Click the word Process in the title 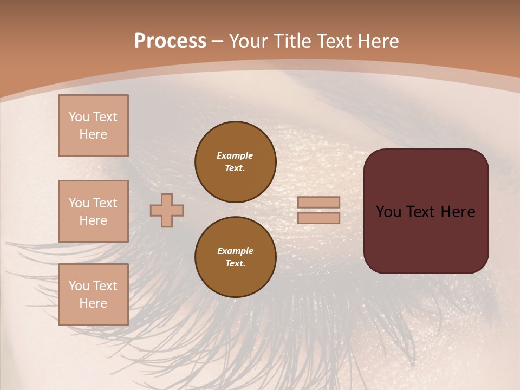(x=170, y=41)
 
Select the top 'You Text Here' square (x=93, y=126)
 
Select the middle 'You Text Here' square (x=93, y=211)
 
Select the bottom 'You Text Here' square (x=93, y=294)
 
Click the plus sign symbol (x=167, y=210)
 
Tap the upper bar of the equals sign (x=319, y=202)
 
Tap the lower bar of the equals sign (x=319, y=218)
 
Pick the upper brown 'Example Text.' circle (x=236, y=161)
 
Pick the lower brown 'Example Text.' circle (x=236, y=257)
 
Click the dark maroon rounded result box (x=426, y=238)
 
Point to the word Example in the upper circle (x=235, y=155)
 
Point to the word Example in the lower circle (x=235, y=251)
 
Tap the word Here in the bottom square (x=93, y=303)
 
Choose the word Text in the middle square (x=105, y=203)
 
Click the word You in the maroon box (x=388, y=211)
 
